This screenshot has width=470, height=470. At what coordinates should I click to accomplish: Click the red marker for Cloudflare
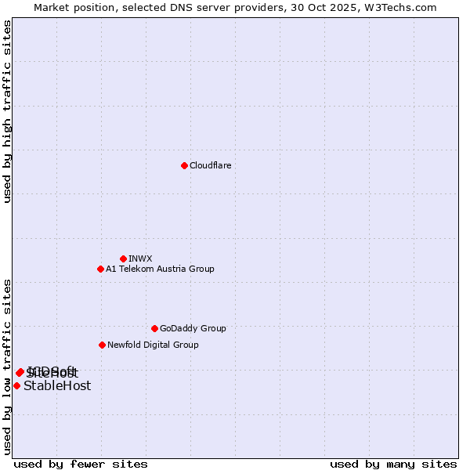[x=184, y=165]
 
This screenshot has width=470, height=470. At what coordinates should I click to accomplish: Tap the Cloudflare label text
[x=210, y=165]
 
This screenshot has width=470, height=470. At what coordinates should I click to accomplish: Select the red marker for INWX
[x=123, y=258]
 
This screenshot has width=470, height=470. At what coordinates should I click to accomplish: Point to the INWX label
[x=140, y=258]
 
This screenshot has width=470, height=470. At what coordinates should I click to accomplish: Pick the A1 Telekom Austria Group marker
[x=100, y=269]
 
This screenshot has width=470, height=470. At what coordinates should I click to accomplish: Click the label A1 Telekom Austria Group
[x=160, y=269]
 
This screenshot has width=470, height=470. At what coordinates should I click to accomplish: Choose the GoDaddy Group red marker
[x=154, y=328]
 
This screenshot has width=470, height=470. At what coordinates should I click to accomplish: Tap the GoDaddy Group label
[x=192, y=328]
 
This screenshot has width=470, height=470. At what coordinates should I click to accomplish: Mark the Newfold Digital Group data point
[x=102, y=345]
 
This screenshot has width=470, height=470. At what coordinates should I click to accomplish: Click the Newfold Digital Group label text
[x=153, y=345]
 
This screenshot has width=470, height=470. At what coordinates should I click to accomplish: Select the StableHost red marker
[x=16, y=385]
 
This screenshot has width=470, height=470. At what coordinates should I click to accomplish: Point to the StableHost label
[x=57, y=385]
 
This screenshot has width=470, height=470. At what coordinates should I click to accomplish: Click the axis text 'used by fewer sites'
[x=81, y=464]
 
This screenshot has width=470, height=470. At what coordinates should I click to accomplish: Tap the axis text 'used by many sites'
[x=393, y=464]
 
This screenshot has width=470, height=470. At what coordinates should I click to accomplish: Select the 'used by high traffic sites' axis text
[x=7, y=111]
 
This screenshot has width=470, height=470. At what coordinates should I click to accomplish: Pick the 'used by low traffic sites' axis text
[x=7, y=366]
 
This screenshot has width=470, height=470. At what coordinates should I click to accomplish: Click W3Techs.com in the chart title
[x=403, y=7]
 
